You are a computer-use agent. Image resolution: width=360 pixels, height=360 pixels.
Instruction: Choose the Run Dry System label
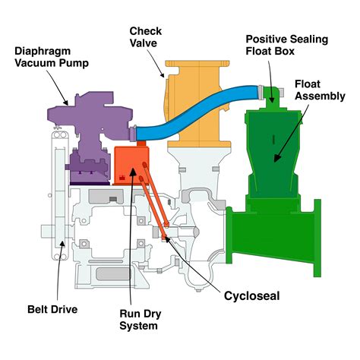[138, 319]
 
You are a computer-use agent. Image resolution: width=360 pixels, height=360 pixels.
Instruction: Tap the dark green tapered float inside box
[272, 144]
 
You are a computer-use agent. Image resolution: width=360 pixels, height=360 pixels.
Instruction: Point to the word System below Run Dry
[138, 327]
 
